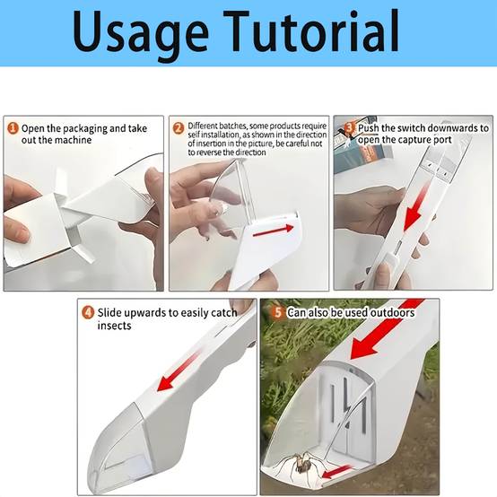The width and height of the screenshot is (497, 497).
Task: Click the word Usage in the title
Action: click(141, 33)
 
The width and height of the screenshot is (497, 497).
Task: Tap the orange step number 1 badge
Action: click(13, 128)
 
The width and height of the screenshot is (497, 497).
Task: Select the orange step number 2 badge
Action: click(179, 128)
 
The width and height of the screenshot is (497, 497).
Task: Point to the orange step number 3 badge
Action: click(349, 128)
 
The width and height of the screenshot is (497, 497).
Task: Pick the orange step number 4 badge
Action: click(88, 312)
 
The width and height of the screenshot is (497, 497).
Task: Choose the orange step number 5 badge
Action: click(278, 312)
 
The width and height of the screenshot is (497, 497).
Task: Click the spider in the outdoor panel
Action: click(301, 464)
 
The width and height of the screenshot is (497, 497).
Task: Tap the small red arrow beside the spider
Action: click(336, 471)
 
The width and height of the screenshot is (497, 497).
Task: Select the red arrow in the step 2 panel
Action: click(274, 231)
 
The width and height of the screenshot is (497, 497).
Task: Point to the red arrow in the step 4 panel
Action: click(179, 371)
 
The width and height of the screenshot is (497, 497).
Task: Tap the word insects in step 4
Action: click(114, 326)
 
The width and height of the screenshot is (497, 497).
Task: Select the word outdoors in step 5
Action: click(393, 313)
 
